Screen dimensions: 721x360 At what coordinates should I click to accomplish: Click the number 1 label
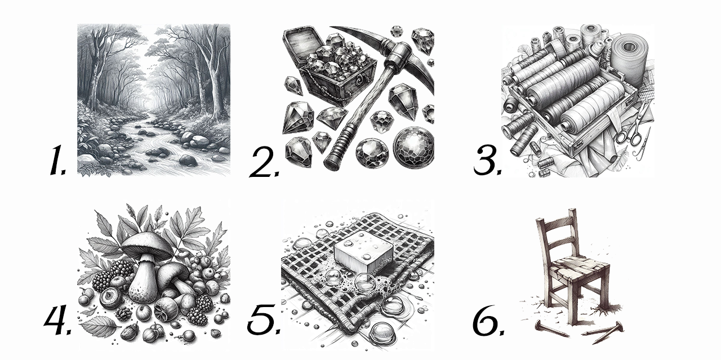[x=58, y=160]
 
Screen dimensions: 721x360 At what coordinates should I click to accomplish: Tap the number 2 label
[x=264, y=162]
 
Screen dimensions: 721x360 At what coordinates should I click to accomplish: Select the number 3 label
[x=487, y=160]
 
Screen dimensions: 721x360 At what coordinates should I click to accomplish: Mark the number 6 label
[x=487, y=319]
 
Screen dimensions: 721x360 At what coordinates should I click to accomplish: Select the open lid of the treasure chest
[x=300, y=48]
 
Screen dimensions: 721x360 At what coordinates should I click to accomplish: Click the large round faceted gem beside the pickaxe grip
[x=414, y=148]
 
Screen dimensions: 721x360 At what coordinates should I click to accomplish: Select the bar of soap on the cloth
[x=364, y=257]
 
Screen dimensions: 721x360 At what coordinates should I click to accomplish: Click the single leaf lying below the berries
[x=99, y=326]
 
